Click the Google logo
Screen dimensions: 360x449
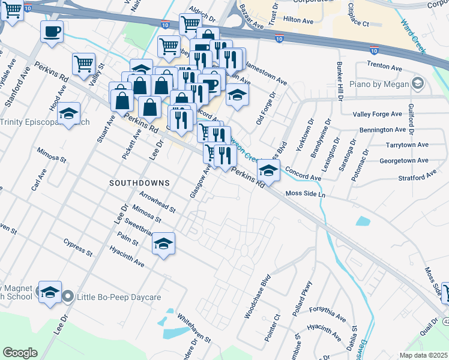click(20, 352)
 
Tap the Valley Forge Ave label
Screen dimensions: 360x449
click(377, 114)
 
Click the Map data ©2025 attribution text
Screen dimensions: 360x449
click(423, 355)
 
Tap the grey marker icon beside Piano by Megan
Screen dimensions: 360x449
click(418, 84)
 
